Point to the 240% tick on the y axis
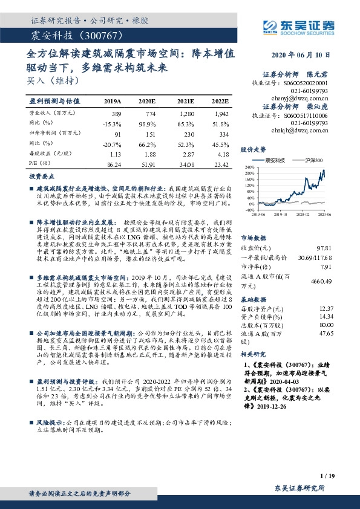249,167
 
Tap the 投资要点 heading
42,177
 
